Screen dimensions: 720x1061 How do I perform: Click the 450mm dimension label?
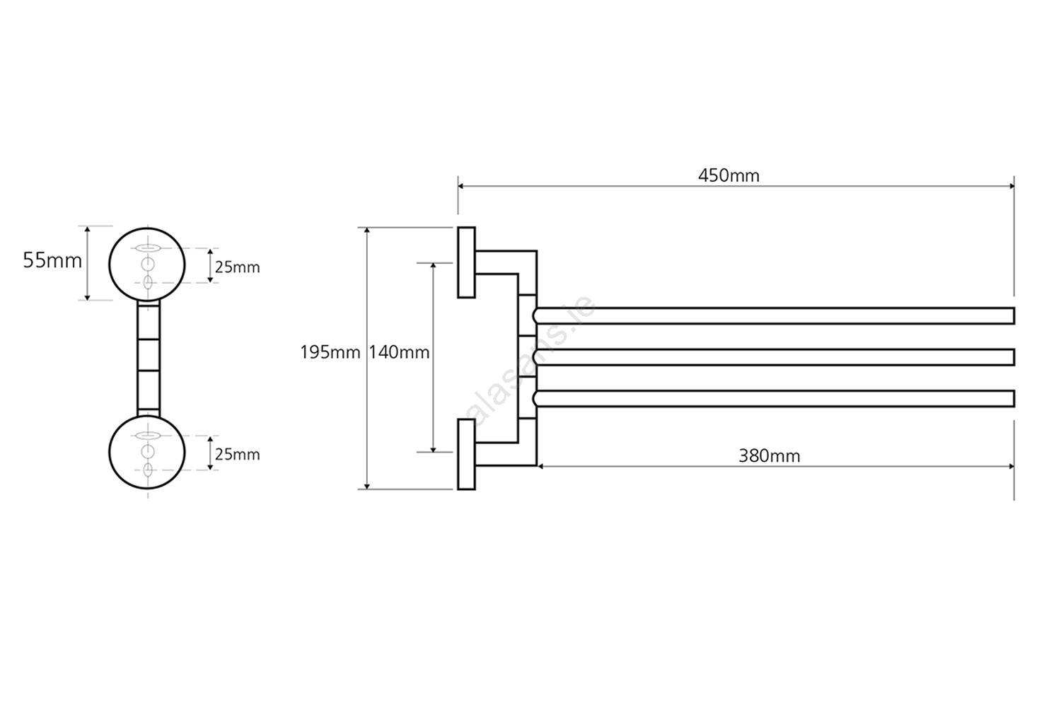click(729, 175)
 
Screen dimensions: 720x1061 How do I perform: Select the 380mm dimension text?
click(769, 456)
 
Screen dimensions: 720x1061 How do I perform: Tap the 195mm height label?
click(330, 352)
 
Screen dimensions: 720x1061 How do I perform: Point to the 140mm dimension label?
click(399, 352)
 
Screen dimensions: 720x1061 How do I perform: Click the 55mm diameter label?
click(52, 260)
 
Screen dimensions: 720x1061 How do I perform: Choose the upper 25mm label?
click(238, 267)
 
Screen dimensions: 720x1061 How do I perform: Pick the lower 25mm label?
click(238, 454)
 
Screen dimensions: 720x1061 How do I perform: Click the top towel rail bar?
click(775, 315)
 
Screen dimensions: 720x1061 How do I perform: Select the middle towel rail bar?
click(775, 357)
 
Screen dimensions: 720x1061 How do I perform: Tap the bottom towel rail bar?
click(775, 399)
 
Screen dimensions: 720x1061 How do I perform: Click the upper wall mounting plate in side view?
click(466, 262)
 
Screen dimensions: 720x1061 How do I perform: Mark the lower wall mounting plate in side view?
click(466, 453)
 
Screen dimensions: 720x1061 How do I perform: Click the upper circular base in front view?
click(147, 264)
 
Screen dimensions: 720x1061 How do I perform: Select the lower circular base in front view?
click(147, 451)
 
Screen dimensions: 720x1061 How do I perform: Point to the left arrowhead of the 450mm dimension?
click(461, 186)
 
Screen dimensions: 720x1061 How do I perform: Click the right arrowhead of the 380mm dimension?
click(1011, 466)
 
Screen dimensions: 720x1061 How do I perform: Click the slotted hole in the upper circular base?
click(147, 248)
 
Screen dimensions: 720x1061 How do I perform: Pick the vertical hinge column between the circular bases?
click(148, 357)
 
